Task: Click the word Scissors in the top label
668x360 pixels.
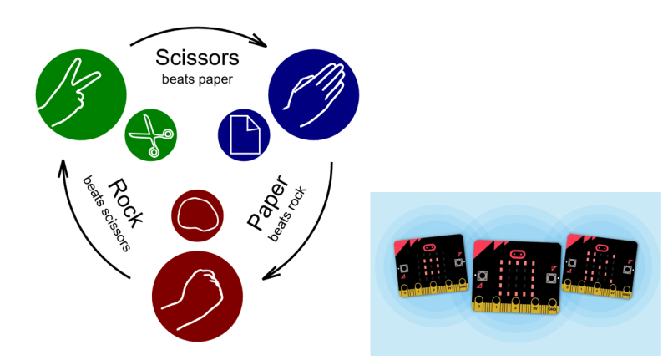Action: [198, 58]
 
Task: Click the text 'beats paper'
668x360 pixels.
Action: [197, 79]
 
